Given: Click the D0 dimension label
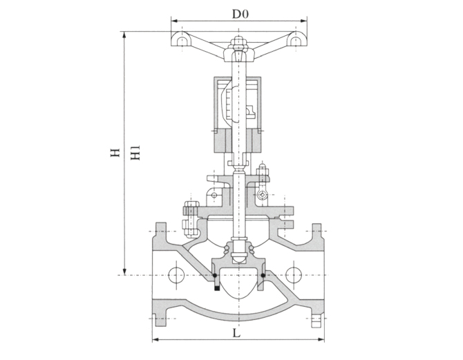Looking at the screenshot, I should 238,13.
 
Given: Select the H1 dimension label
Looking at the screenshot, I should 135,153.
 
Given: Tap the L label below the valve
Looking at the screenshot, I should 236,332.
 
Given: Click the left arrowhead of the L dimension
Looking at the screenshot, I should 155,340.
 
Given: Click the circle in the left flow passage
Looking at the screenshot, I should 176,275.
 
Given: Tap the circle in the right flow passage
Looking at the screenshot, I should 294,274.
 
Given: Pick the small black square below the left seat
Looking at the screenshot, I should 217,290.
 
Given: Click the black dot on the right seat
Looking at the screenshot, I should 263,278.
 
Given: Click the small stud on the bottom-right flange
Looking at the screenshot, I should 316,320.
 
